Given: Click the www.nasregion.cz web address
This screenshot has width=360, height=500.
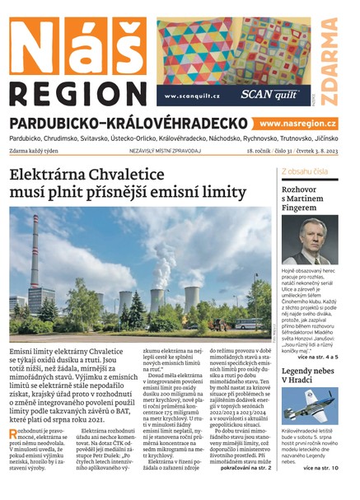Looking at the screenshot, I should (303, 123).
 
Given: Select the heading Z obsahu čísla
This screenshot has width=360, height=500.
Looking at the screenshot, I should (305, 172).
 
